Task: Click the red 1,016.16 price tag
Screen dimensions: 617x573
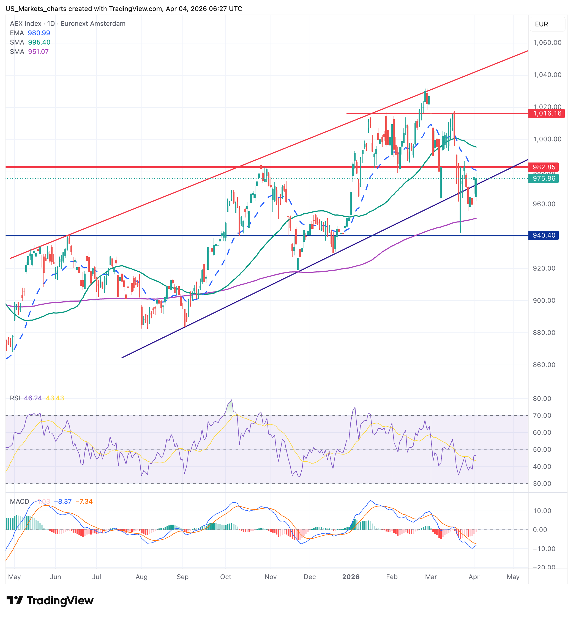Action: coord(547,113)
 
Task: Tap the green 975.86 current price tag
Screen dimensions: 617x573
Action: coord(544,178)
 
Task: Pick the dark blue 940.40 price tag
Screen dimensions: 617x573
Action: coord(544,235)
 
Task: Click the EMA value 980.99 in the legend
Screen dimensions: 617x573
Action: coord(39,33)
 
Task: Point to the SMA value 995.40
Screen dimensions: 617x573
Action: coord(39,42)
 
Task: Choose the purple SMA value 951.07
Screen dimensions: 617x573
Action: coord(39,52)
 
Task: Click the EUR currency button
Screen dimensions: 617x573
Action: coord(541,24)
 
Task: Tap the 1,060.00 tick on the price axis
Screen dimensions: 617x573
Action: coord(547,42)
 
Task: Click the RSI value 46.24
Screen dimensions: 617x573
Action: coord(33,398)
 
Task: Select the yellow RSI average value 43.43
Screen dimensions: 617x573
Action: coord(55,398)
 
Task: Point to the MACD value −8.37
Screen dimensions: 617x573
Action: coord(63,502)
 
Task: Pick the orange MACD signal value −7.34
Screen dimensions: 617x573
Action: coord(84,502)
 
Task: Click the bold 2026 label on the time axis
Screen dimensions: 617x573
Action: coord(351,577)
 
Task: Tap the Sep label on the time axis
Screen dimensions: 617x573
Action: coord(183,577)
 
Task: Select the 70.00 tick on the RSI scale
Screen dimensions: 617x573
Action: coord(542,415)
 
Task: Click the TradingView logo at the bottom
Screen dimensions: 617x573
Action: coord(50,601)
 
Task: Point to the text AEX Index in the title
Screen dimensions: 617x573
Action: coord(25,24)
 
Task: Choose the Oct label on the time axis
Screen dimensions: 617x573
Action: coord(225,577)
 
